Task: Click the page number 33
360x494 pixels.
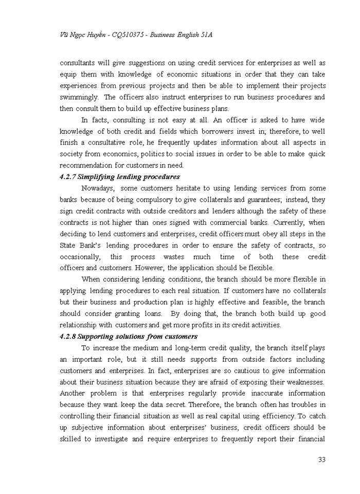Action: click(x=321, y=460)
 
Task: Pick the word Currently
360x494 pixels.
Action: click(x=291, y=222)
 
